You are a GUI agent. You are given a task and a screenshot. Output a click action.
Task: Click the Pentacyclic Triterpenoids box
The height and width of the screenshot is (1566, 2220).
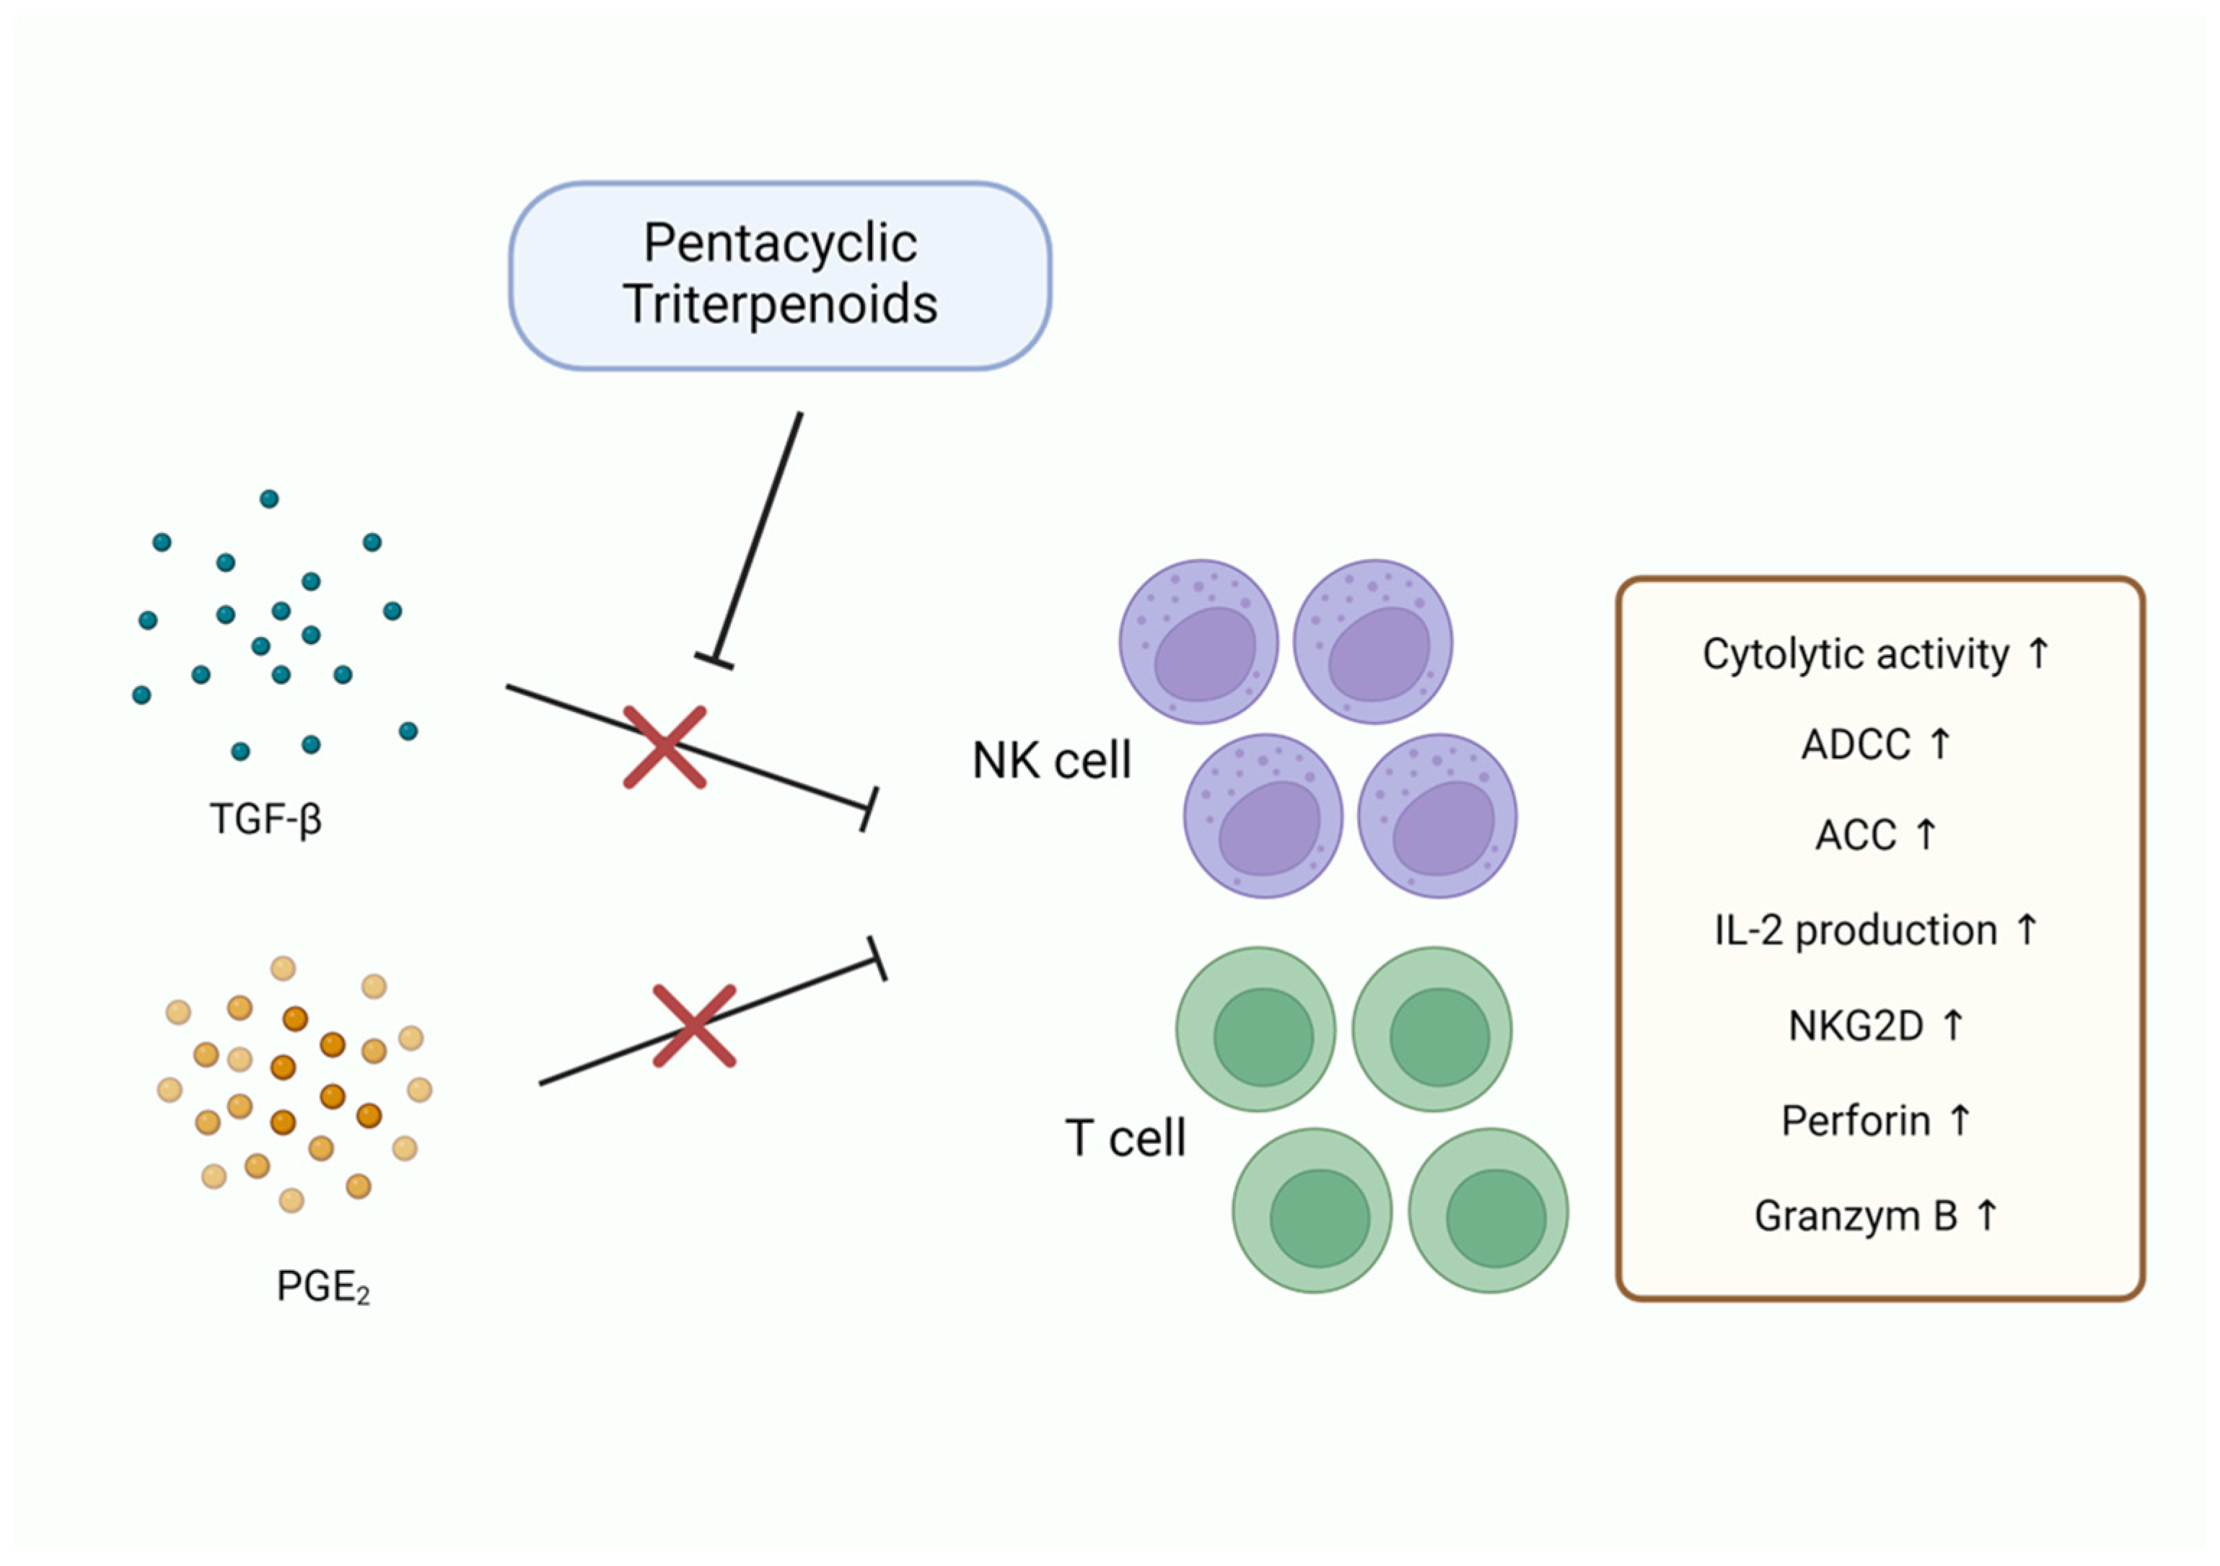pyautogui.click(x=779, y=276)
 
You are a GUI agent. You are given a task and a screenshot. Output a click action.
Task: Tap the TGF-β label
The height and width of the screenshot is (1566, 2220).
pyautogui.click(x=265, y=819)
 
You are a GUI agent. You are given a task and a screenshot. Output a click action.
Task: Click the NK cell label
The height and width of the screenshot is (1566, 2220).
pyautogui.click(x=1051, y=761)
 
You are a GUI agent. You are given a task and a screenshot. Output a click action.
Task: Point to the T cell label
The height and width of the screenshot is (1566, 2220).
pyautogui.click(x=1125, y=1138)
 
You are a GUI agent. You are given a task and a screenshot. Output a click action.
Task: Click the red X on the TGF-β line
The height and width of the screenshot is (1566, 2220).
pyautogui.click(x=664, y=747)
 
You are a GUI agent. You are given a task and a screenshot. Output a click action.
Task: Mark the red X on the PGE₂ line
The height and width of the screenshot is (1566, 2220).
pyautogui.click(x=694, y=1026)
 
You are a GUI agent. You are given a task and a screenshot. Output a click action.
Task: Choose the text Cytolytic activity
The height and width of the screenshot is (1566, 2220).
pyautogui.click(x=1854, y=654)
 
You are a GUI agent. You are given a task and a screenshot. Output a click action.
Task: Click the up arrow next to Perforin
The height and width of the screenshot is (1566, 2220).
pyautogui.click(x=1959, y=1119)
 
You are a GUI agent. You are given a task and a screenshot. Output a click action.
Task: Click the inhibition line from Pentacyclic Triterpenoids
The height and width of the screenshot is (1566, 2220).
pyautogui.click(x=758, y=537)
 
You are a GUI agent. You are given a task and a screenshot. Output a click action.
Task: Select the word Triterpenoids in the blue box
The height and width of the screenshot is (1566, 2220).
pyautogui.click(x=779, y=304)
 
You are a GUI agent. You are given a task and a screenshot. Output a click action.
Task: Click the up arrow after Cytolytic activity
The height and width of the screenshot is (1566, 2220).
pyautogui.click(x=2038, y=653)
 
